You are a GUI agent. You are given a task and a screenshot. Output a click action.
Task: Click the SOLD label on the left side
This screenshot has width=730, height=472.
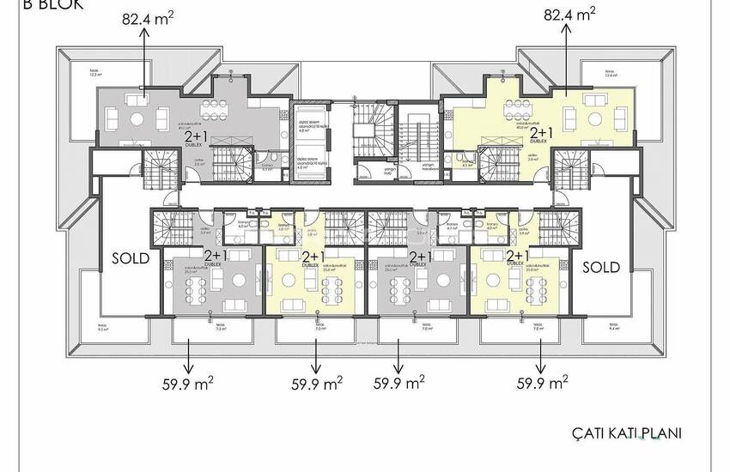click(131, 257)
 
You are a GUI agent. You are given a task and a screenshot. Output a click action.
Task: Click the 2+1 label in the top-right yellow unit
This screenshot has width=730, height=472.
click(541, 134)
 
